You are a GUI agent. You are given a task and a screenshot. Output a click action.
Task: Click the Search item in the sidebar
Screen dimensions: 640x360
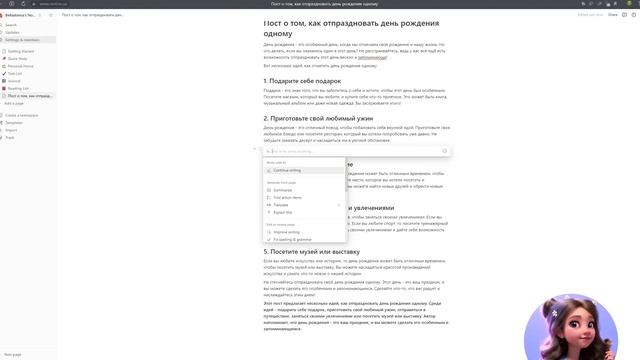13,25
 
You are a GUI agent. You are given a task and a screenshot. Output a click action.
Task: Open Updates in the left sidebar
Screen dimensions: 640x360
13,32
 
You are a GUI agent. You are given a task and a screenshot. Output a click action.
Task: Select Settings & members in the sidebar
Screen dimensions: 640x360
21,39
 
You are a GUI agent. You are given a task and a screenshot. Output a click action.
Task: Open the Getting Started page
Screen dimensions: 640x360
21,50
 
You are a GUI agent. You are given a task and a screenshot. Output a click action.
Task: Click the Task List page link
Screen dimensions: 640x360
15,73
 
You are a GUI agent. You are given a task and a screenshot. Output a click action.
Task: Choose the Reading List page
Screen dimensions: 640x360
17,88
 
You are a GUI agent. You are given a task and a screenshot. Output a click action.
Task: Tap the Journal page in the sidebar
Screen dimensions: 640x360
14,80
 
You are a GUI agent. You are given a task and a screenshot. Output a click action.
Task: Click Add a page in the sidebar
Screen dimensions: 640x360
14,103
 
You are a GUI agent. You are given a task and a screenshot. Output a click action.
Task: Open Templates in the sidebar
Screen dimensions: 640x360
15,122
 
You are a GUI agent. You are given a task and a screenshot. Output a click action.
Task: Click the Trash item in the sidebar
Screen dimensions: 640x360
11,137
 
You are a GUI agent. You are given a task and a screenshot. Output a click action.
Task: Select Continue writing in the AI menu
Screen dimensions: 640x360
288,170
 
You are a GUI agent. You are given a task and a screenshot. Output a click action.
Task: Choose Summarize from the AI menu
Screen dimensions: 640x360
284,189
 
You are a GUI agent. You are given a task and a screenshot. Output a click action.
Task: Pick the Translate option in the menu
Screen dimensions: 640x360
282,205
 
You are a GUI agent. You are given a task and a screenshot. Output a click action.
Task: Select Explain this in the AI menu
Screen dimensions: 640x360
283,212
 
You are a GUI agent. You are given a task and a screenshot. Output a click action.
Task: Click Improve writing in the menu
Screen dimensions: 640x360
287,232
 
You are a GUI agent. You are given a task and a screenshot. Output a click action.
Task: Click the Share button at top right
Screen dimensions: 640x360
611,15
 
